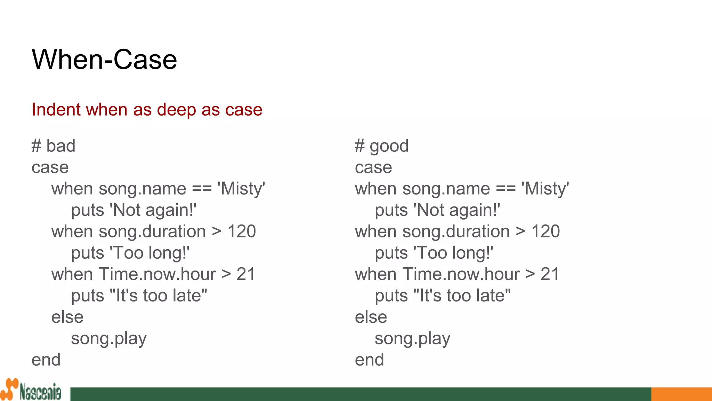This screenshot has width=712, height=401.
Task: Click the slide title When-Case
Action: pos(104,60)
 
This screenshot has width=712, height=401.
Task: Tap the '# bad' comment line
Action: pos(53,146)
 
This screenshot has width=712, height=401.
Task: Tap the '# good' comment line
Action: pos(381,146)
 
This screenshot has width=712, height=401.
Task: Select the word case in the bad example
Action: pos(50,167)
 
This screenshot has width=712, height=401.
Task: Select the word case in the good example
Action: pos(373,167)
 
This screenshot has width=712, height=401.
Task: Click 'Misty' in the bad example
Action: pos(241,189)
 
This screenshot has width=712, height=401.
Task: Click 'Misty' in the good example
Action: pos(545,189)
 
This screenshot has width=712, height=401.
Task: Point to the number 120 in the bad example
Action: pos(242,231)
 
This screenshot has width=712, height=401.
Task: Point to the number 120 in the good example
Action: pos(545,231)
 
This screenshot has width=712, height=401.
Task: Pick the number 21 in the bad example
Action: pos(246,274)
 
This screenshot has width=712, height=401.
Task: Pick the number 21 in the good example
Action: pos(550,274)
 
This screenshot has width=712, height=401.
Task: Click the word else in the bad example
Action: pos(67,317)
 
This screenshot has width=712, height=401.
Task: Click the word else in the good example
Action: pos(371,317)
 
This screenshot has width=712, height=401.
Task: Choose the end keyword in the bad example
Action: pos(46,360)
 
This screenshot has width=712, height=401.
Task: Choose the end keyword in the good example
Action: pos(369,360)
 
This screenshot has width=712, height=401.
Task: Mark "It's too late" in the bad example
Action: pos(158,296)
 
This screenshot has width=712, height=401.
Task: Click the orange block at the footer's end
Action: pos(681,394)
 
